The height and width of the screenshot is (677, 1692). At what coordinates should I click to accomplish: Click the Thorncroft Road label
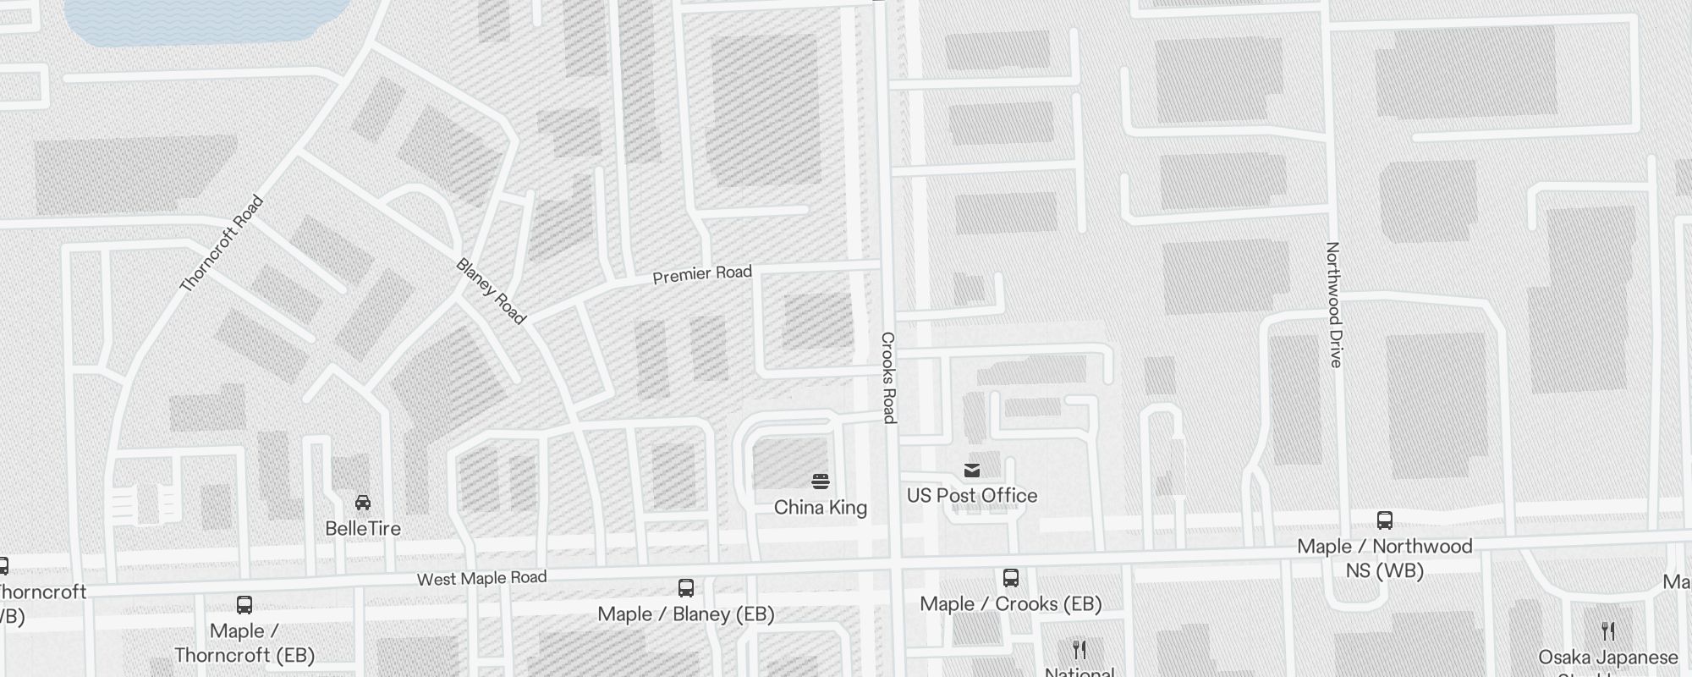coord(222,244)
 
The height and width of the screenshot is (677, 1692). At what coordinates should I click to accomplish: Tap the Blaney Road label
coord(491,290)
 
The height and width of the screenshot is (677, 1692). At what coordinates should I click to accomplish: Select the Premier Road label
coord(702,274)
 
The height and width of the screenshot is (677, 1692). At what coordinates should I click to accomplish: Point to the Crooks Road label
coord(887,377)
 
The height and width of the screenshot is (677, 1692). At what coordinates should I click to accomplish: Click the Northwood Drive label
coord(1333,305)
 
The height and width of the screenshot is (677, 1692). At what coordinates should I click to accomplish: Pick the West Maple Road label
coord(481,578)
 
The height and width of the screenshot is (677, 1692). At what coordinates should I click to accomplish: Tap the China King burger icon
coord(820,482)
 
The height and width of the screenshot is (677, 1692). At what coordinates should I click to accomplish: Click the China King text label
coord(820,508)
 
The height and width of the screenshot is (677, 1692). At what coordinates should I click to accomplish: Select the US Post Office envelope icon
coord(972,471)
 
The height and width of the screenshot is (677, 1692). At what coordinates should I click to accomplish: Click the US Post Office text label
coord(972,496)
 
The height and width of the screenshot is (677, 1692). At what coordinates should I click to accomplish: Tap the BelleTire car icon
coord(363,503)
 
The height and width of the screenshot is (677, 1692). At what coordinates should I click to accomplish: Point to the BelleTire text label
coord(363,529)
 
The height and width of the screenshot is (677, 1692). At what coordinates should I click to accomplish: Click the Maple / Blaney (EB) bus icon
coord(686,588)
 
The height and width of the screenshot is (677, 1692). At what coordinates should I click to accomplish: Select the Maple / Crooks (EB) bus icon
coord(1010,578)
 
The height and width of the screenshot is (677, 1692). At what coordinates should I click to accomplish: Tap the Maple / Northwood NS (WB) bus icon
coord(1385,520)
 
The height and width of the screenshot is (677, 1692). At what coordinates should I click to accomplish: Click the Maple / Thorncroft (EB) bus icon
coord(244,605)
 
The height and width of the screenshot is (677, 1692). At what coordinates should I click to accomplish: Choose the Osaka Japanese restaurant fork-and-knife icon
coord(1608,631)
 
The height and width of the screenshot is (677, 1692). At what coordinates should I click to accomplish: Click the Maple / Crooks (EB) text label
coord(1010,604)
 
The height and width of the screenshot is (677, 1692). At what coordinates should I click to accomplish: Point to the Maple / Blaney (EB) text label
coord(686,614)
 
